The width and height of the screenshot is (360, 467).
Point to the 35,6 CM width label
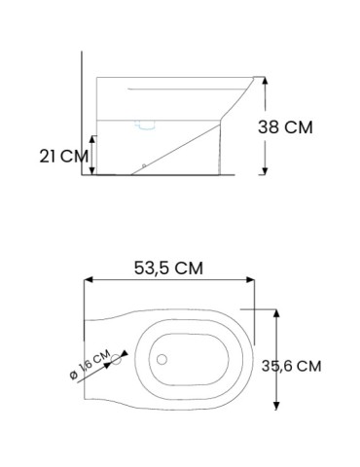pyautogui.click(x=308, y=366)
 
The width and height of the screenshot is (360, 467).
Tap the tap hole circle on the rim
pyautogui.click(x=120, y=359)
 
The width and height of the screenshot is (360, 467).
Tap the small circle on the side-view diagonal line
pyautogui.click(x=144, y=166)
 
